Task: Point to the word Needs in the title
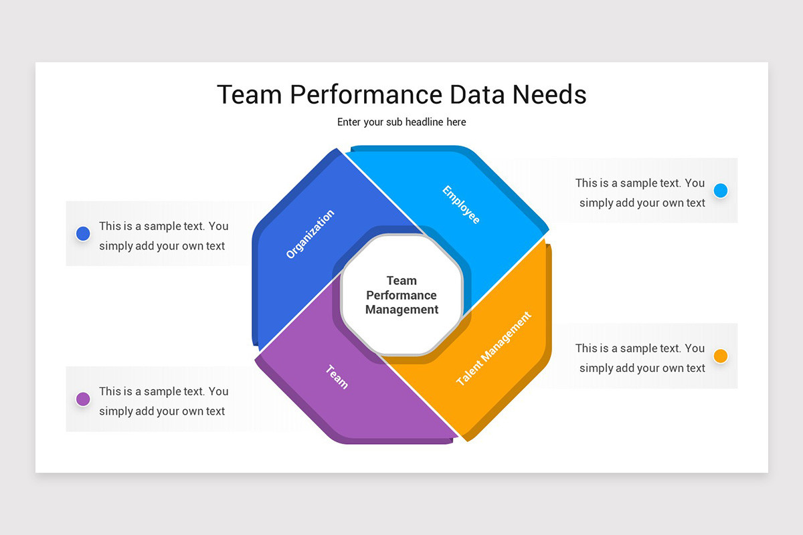[x=549, y=95]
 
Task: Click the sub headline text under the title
[x=401, y=122]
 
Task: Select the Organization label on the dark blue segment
[x=310, y=234]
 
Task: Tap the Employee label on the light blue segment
[x=461, y=204]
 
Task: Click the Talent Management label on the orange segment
[x=494, y=348]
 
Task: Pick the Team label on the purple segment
[x=337, y=377]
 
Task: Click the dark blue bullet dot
[x=83, y=233]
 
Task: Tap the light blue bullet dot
[x=720, y=191]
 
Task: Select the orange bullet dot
[x=720, y=356]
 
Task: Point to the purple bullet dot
[x=83, y=399]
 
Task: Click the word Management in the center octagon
[x=401, y=310]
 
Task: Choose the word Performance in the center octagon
[x=401, y=295]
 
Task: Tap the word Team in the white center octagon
[x=401, y=281]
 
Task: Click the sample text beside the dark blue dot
[x=163, y=236]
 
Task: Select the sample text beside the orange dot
[x=640, y=358]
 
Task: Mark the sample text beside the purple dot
[x=163, y=401]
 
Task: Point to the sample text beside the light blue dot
[x=640, y=193]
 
